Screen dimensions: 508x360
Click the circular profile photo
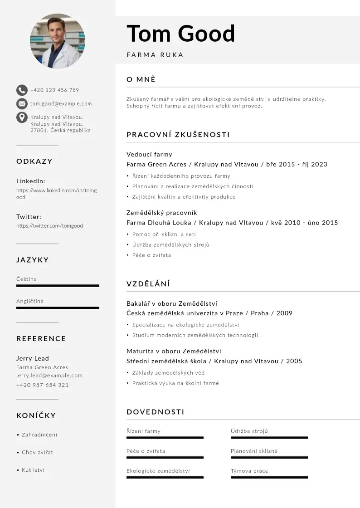point(58,41)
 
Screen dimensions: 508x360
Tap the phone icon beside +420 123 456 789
point(22,90)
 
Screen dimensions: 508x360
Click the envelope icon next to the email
point(22,104)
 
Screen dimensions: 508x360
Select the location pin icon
point(22,117)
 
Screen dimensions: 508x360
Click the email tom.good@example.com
point(61,103)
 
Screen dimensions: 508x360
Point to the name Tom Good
point(180,34)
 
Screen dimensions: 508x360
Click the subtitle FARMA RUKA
point(155,55)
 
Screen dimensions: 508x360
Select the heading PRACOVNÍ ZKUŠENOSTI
point(178,135)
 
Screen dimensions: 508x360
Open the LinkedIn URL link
point(56,194)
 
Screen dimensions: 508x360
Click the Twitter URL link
point(49,225)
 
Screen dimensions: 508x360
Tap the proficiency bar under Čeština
point(58,286)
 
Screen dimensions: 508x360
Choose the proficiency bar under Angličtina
point(58,308)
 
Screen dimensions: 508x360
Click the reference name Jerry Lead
point(33,358)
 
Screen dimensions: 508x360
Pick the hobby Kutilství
point(33,470)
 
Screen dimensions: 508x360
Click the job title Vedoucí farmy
point(149,154)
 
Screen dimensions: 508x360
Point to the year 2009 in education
point(284,313)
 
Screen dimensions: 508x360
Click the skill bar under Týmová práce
point(269,478)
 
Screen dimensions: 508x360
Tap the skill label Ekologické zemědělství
point(158,471)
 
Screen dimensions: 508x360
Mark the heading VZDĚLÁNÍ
point(148,284)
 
